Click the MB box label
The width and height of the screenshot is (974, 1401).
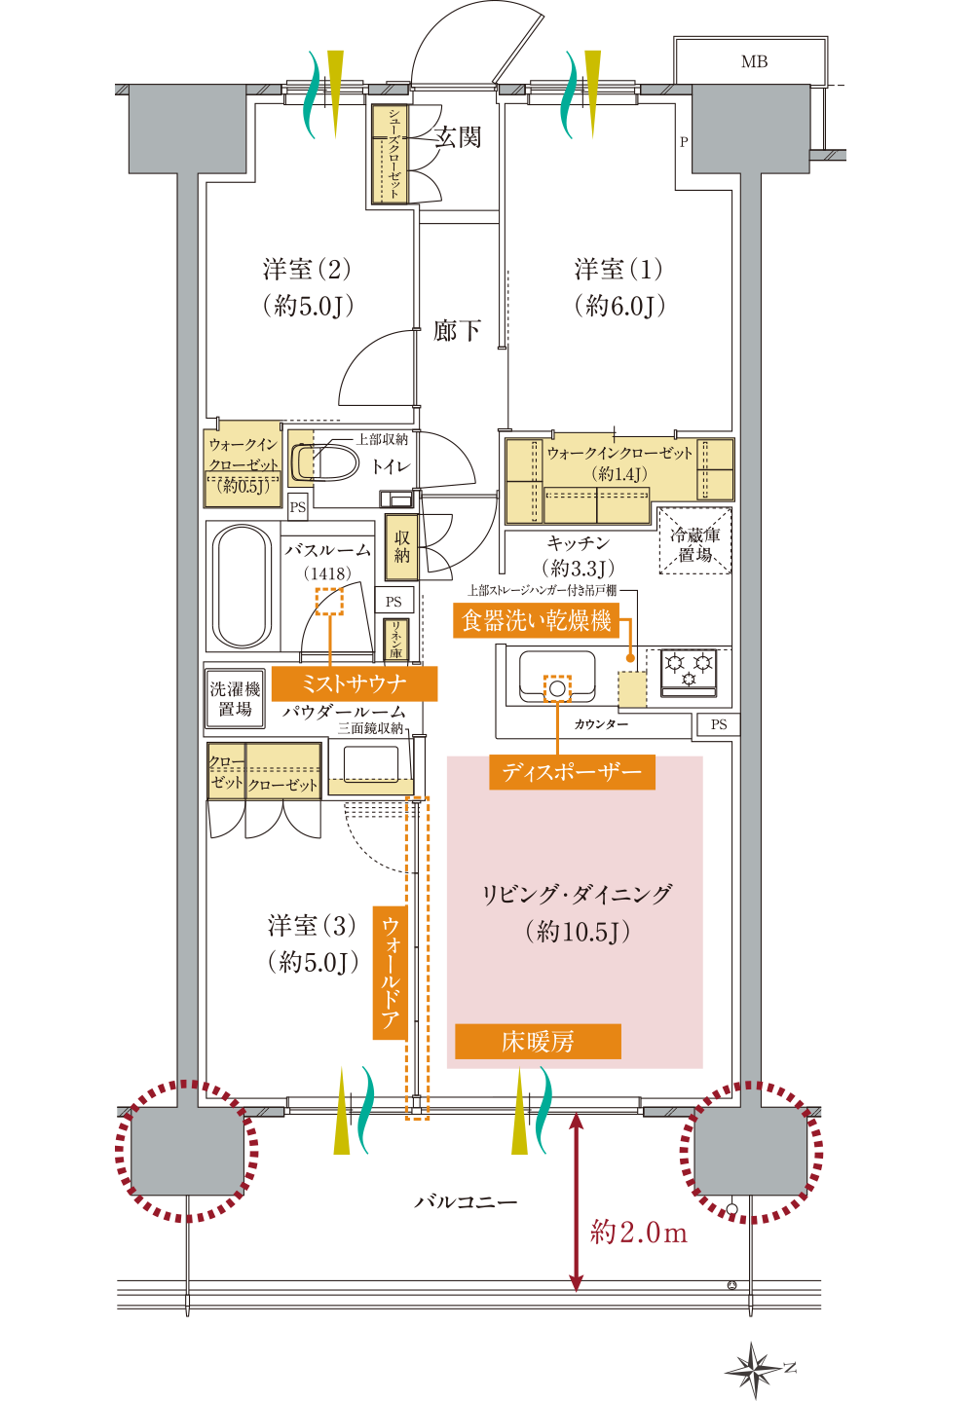coord(754,61)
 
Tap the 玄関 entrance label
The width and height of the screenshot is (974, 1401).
coord(458,137)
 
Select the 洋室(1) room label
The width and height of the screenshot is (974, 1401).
coord(618,270)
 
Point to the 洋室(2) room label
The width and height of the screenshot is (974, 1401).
coord(307,270)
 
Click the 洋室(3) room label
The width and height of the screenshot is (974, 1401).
coord(312,926)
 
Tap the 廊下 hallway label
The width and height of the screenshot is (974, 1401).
coord(457,331)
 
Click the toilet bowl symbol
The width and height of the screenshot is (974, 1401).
coord(326,462)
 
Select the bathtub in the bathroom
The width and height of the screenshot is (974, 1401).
coord(242,587)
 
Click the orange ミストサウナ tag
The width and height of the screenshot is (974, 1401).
coord(355,683)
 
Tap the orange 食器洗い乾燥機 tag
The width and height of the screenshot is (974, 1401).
coord(536,620)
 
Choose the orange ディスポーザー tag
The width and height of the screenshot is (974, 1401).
coord(572,773)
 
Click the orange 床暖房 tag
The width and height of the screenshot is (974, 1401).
coord(538,1042)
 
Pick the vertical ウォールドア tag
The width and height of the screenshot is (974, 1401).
coord(391,973)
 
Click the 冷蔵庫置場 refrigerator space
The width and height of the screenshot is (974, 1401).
coord(695,543)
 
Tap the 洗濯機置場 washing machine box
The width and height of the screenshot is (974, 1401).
coord(235,698)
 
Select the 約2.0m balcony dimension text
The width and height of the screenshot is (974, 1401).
coord(639,1233)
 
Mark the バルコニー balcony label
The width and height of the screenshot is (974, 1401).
coord(467,1202)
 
